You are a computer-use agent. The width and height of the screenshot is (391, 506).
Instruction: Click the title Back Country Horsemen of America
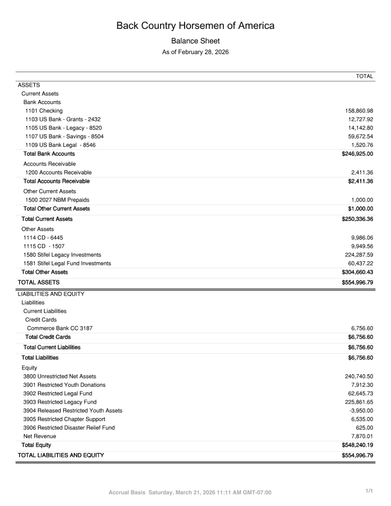click(x=195, y=26)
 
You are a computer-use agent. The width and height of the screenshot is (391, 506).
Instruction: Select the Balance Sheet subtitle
click(x=195, y=41)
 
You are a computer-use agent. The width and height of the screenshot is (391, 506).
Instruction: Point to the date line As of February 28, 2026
click(x=195, y=52)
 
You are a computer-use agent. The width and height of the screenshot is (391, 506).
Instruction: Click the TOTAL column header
click(x=365, y=76)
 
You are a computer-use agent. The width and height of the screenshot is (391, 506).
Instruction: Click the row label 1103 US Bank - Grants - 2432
click(x=67, y=119)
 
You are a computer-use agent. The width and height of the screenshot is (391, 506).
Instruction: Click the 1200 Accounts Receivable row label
click(x=58, y=172)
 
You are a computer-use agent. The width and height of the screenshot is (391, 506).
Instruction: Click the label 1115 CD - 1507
click(x=43, y=246)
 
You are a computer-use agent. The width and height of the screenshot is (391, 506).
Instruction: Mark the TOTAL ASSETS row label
click(x=38, y=282)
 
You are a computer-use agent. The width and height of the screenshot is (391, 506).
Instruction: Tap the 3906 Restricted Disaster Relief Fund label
click(x=69, y=428)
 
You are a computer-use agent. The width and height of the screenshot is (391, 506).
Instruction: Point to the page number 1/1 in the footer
click(x=369, y=492)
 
